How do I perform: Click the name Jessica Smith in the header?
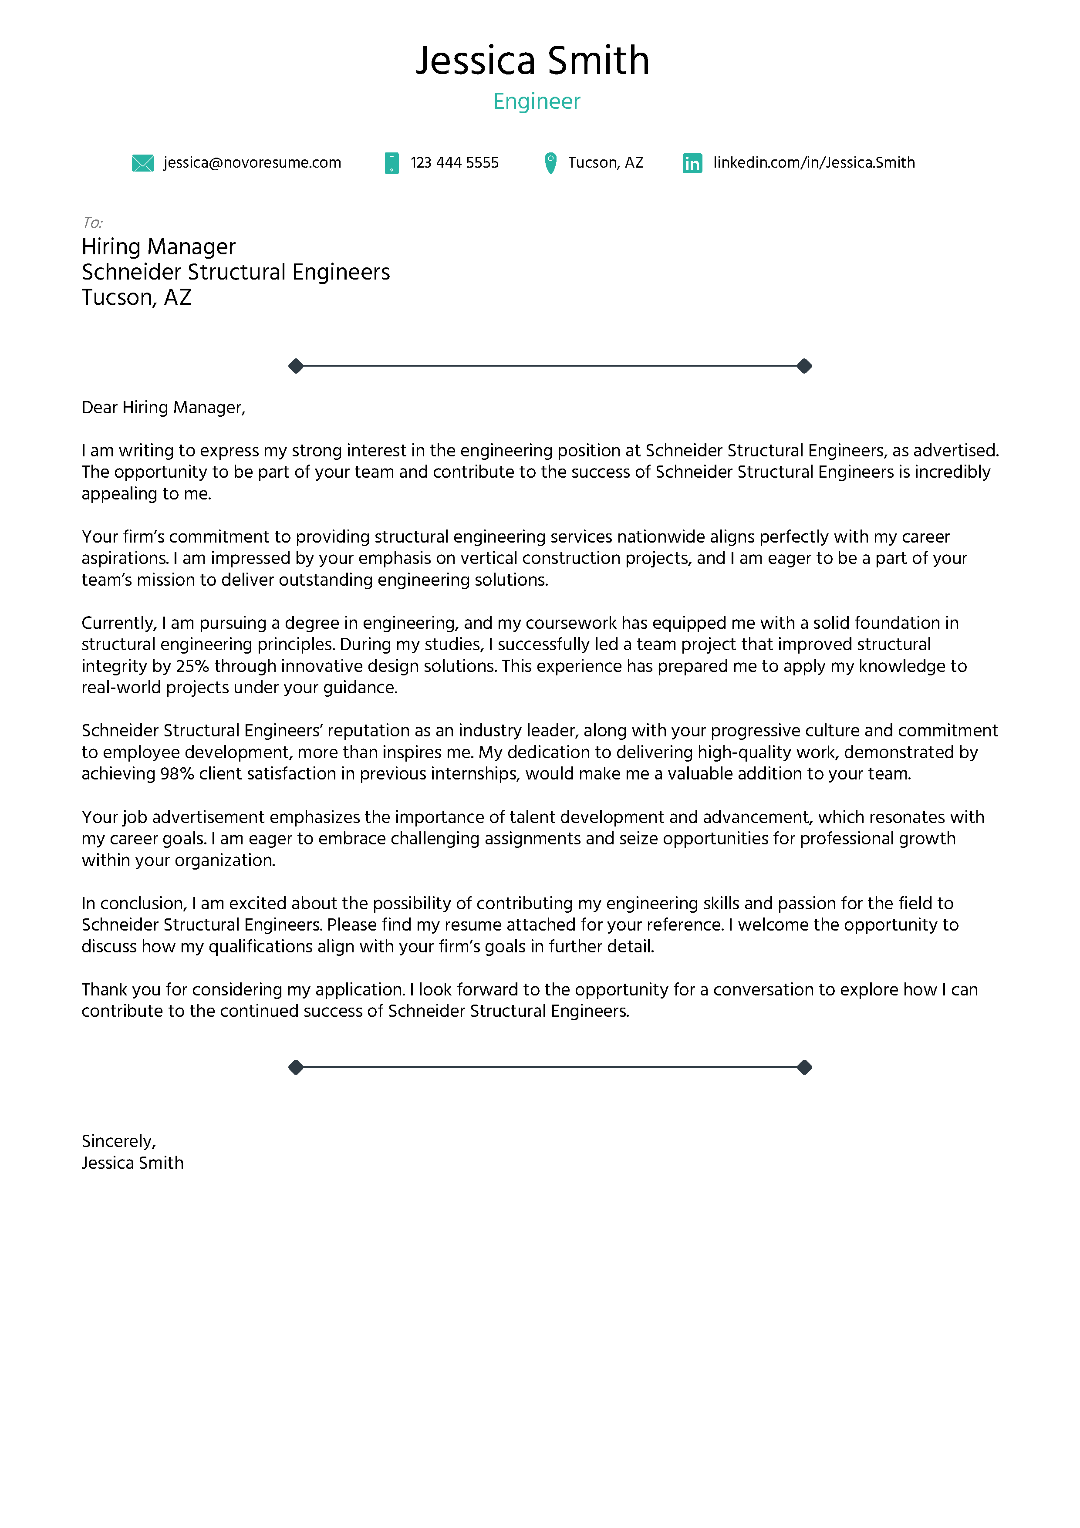[x=532, y=61]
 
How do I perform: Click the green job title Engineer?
[x=537, y=101]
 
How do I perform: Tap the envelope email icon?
[x=142, y=163]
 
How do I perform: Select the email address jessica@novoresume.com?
[x=252, y=163]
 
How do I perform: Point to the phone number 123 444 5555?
[x=455, y=163]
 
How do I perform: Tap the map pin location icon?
[x=550, y=163]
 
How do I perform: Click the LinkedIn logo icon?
[x=692, y=163]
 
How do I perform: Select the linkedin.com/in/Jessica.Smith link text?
[x=814, y=163]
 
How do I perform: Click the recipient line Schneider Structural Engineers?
[x=236, y=272]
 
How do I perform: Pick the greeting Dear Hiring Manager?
[x=164, y=407]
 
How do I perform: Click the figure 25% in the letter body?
[x=192, y=666]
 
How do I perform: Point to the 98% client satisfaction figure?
[x=177, y=774]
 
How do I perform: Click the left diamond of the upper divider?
[x=296, y=366]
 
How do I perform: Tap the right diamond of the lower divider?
[x=804, y=1067]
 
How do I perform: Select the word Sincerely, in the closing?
[x=118, y=1141]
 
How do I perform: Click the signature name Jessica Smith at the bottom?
[x=132, y=1163]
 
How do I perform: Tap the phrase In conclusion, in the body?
[x=134, y=904]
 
